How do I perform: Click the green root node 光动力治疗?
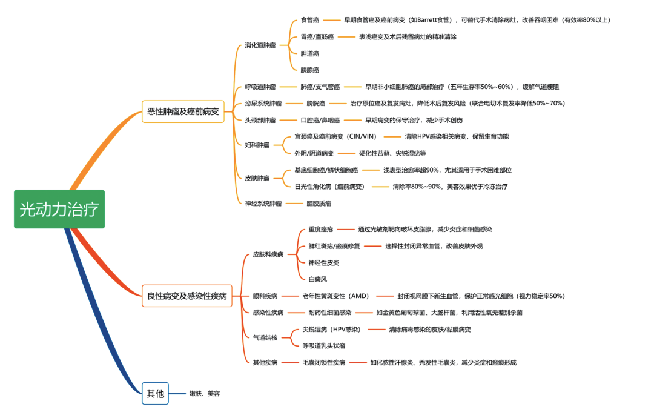click(59, 209)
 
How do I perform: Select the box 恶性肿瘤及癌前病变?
click(183, 111)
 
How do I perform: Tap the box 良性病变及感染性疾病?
click(187, 296)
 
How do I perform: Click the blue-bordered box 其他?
click(155, 393)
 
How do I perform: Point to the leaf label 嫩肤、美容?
click(205, 393)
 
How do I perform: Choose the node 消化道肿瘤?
click(260, 45)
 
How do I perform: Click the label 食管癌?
click(310, 20)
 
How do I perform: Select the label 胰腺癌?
click(310, 70)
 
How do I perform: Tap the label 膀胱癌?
click(315, 104)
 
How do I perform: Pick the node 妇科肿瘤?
click(257, 145)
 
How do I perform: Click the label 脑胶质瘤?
click(319, 204)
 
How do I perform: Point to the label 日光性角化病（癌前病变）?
click(329, 187)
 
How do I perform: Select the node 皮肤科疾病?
click(268, 254)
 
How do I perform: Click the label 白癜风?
click(318, 279)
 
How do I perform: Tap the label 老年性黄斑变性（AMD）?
click(335, 296)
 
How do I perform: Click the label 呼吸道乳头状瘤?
click(324, 346)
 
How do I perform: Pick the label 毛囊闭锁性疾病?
click(324, 362)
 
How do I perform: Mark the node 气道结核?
click(265, 338)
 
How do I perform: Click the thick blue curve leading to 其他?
click(100, 317)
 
